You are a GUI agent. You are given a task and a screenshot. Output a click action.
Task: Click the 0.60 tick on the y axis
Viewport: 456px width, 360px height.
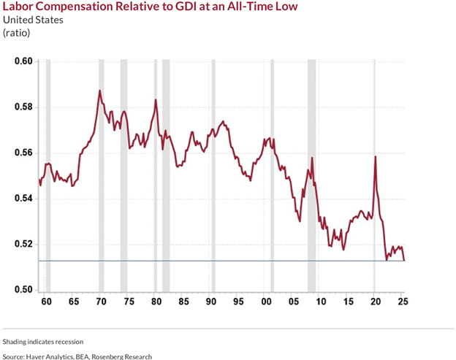pos(23,61)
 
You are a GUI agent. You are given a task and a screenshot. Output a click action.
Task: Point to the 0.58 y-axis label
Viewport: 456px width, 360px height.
pos(23,107)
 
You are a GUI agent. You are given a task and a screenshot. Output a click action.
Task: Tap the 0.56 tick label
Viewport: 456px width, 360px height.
pos(23,153)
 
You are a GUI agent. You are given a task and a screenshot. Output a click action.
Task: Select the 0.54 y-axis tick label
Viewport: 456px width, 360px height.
pos(23,199)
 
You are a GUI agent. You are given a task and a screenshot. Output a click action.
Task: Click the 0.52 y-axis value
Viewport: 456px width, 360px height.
pos(23,245)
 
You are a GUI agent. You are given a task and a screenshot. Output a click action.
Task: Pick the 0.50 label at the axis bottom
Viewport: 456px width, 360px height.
pos(23,291)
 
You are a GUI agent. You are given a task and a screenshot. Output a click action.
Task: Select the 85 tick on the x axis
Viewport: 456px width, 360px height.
pos(183,302)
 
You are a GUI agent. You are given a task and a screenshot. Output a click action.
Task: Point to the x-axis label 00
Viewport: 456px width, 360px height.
pos(265,302)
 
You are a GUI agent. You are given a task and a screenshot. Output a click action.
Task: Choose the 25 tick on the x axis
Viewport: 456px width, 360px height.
pos(403,302)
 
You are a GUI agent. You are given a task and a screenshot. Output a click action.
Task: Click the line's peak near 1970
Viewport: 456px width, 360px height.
pos(99,91)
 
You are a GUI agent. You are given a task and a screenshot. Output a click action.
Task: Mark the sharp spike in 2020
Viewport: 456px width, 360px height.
pos(375,156)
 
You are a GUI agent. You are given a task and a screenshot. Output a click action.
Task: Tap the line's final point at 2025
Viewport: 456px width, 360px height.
pos(404,260)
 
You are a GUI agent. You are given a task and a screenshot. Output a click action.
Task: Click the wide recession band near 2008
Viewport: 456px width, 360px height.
pos(311,175)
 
